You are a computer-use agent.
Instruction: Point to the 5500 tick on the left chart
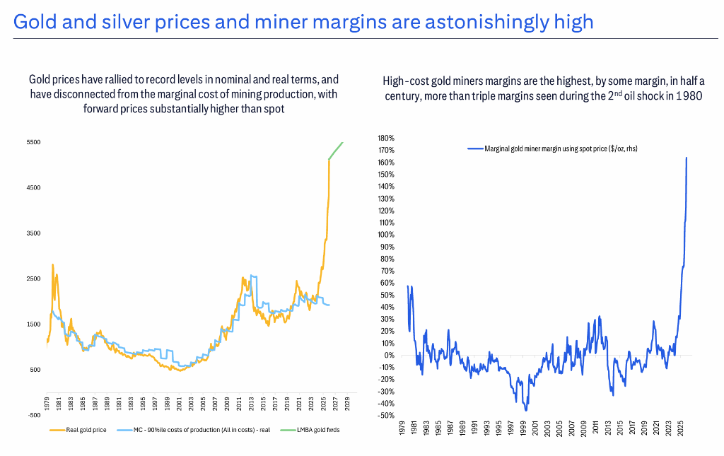coord(33,142)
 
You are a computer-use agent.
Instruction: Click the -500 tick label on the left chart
coord(33,415)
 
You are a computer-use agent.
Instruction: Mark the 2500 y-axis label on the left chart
coord(33,279)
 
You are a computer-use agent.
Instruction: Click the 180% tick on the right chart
coord(385,138)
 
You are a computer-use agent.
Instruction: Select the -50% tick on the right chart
coord(385,415)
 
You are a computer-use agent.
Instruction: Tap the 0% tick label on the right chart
coord(388,355)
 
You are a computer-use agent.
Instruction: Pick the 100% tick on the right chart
coord(385,235)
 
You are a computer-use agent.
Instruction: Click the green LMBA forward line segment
coord(335,150)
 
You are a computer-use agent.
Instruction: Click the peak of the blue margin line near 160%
coord(687,158)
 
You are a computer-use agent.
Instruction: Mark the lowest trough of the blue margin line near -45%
coord(526,409)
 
